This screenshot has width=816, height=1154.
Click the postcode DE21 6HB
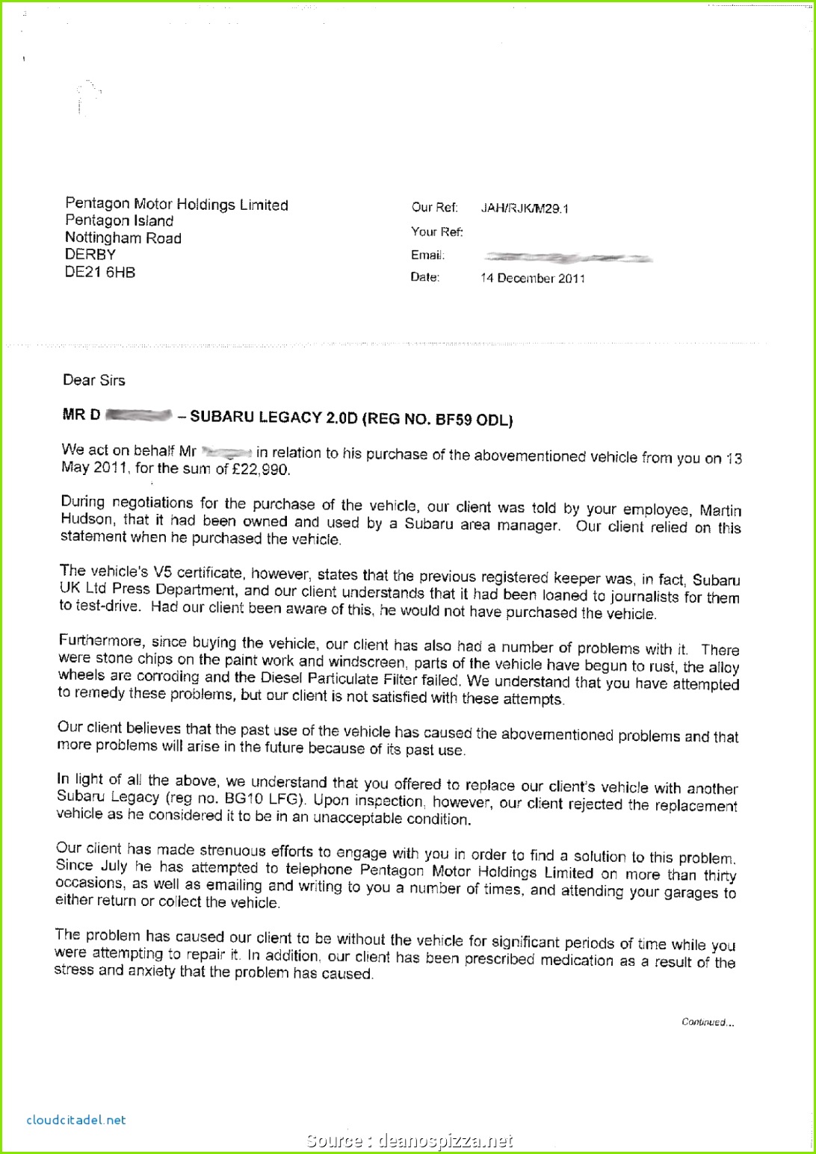point(100,273)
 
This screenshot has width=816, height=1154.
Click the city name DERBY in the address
point(90,255)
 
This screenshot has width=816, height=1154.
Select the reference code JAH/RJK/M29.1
point(524,208)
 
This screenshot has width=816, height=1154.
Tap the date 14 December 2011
point(533,278)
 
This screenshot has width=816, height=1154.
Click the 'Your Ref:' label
point(436,232)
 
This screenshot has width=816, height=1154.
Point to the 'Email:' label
point(427,255)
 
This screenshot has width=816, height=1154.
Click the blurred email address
point(568,258)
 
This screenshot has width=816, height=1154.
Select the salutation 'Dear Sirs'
point(93,380)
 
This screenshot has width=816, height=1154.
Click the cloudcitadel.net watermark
point(75,1120)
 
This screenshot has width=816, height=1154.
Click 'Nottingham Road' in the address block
point(123,238)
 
